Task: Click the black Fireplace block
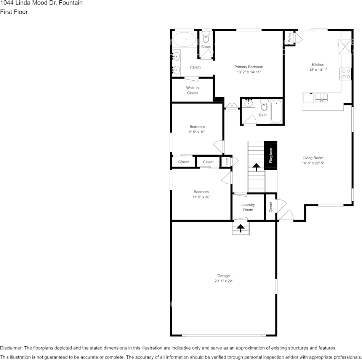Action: [x=271, y=155]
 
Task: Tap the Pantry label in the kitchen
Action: [x=290, y=37]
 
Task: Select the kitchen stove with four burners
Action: [x=346, y=73]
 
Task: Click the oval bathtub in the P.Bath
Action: [x=185, y=39]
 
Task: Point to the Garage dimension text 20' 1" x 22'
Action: [x=223, y=281]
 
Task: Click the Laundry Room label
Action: [x=248, y=207]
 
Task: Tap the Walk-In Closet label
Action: [x=192, y=90]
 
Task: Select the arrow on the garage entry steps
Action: [x=241, y=228]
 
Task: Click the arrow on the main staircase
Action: [x=256, y=167]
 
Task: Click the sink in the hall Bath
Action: [x=250, y=103]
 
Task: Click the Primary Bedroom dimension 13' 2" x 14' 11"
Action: [x=248, y=72]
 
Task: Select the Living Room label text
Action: [x=313, y=158]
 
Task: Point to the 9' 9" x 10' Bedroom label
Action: [x=197, y=129]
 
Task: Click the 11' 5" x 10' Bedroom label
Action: [x=201, y=194]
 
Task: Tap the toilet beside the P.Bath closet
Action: [x=206, y=38]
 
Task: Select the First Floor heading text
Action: [x=14, y=12]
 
